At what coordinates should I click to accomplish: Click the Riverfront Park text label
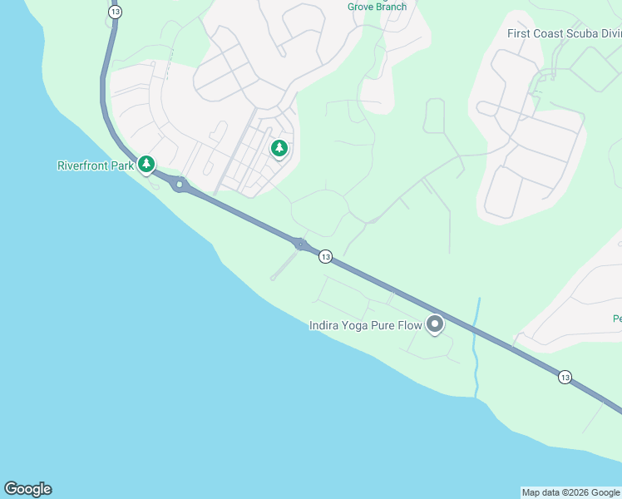pyautogui.click(x=95, y=166)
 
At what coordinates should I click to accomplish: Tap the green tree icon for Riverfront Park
pyautogui.click(x=146, y=165)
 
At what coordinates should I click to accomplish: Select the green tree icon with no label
pyautogui.click(x=279, y=149)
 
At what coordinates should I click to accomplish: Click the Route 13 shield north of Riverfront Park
pyautogui.click(x=115, y=12)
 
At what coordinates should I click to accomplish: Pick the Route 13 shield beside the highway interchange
pyautogui.click(x=325, y=256)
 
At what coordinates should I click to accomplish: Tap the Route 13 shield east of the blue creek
pyautogui.click(x=565, y=377)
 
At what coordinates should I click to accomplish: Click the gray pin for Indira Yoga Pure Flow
pyautogui.click(x=434, y=324)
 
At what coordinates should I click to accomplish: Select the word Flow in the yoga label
pyautogui.click(x=410, y=325)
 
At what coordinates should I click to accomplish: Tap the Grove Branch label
pyautogui.click(x=377, y=7)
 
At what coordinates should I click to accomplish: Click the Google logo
pyautogui.click(x=27, y=489)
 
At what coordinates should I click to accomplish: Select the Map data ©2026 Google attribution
pyautogui.click(x=570, y=492)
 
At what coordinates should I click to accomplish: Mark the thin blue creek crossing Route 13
pyautogui.click(x=477, y=349)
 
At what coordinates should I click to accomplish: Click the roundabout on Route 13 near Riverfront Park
pyautogui.click(x=180, y=185)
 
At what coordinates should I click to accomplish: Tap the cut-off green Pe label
pyautogui.click(x=617, y=319)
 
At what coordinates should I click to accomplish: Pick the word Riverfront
pyautogui.click(x=83, y=166)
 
